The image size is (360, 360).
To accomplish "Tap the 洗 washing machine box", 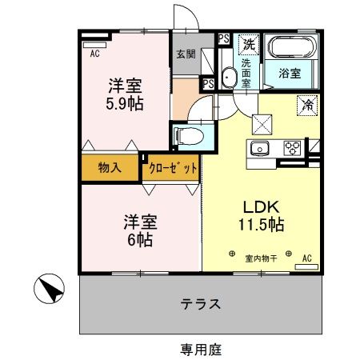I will pyautogui.click(x=249, y=42).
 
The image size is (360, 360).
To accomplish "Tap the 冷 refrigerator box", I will pyautogui.click(x=306, y=103).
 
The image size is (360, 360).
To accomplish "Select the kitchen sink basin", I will pyautogui.click(x=261, y=149).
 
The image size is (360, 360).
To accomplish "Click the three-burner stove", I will pyautogui.click(x=292, y=149).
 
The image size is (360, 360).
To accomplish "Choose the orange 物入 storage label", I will pyautogui.click(x=110, y=168).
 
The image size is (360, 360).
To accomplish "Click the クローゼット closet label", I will pyautogui.click(x=170, y=168).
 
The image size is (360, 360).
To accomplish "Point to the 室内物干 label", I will pyautogui.click(x=261, y=258).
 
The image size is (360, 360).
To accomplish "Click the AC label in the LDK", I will pyautogui.click(x=306, y=258).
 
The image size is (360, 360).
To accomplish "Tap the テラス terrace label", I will pyautogui.click(x=200, y=304).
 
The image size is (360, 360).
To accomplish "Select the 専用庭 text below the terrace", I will pyautogui.click(x=200, y=349).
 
